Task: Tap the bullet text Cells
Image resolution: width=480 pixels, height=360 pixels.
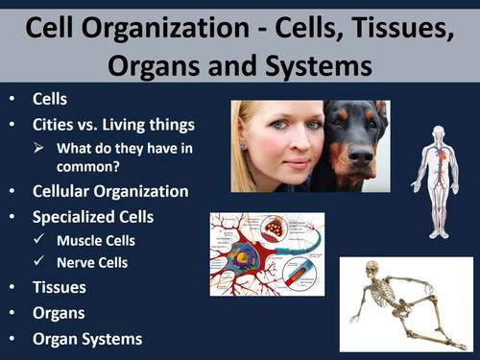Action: (50, 100)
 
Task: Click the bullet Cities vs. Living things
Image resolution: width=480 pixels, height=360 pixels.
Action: (113, 125)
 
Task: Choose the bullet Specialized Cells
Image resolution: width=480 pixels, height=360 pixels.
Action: (94, 217)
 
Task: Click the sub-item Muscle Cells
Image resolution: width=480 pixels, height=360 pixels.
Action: (96, 240)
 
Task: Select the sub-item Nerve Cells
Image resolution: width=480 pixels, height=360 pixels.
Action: (92, 262)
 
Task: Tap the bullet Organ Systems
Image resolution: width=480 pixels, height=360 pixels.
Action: (87, 339)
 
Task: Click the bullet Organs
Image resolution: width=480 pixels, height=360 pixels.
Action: (59, 313)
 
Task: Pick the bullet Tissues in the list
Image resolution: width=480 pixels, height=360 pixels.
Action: (59, 287)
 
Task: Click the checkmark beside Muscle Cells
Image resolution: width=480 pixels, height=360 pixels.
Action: (40, 240)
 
